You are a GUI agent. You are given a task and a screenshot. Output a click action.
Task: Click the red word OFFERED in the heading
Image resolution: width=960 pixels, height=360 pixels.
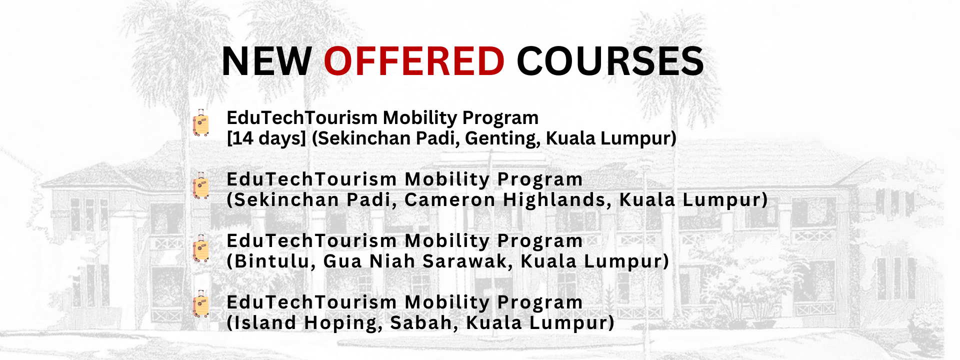(x=414, y=61)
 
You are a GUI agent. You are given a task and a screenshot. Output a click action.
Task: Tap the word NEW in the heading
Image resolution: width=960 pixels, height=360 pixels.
(x=267, y=61)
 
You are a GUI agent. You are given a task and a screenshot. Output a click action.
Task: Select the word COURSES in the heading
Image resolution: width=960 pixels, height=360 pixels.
(x=610, y=61)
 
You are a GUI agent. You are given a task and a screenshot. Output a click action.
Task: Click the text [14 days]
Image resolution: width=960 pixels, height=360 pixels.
(x=266, y=138)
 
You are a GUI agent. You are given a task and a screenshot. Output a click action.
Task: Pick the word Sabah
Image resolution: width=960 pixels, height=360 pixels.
(x=424, y=323)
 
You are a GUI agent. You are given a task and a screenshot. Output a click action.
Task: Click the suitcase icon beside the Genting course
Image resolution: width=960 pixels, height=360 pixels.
(x=201, y=123)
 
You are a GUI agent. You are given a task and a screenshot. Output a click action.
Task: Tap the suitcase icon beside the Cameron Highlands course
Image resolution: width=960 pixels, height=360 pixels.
(x=201, y=186)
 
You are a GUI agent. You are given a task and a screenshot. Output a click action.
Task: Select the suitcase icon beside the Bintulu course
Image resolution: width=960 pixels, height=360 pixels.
(x=201, y=248)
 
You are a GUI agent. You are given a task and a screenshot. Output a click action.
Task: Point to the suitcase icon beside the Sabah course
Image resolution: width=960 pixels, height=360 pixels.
(x=201, y=304)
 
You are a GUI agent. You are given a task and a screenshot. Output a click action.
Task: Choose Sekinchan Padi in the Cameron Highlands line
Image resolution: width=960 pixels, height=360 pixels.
(x=315, y=200)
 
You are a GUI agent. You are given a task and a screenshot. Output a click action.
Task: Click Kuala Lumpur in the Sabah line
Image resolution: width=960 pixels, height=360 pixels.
(x=536, y=323)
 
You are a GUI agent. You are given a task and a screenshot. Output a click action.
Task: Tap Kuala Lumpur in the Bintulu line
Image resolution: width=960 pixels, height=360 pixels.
(x=591, y=261)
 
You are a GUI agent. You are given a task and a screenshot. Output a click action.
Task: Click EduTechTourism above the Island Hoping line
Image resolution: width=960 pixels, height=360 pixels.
(x=311, y=302)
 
